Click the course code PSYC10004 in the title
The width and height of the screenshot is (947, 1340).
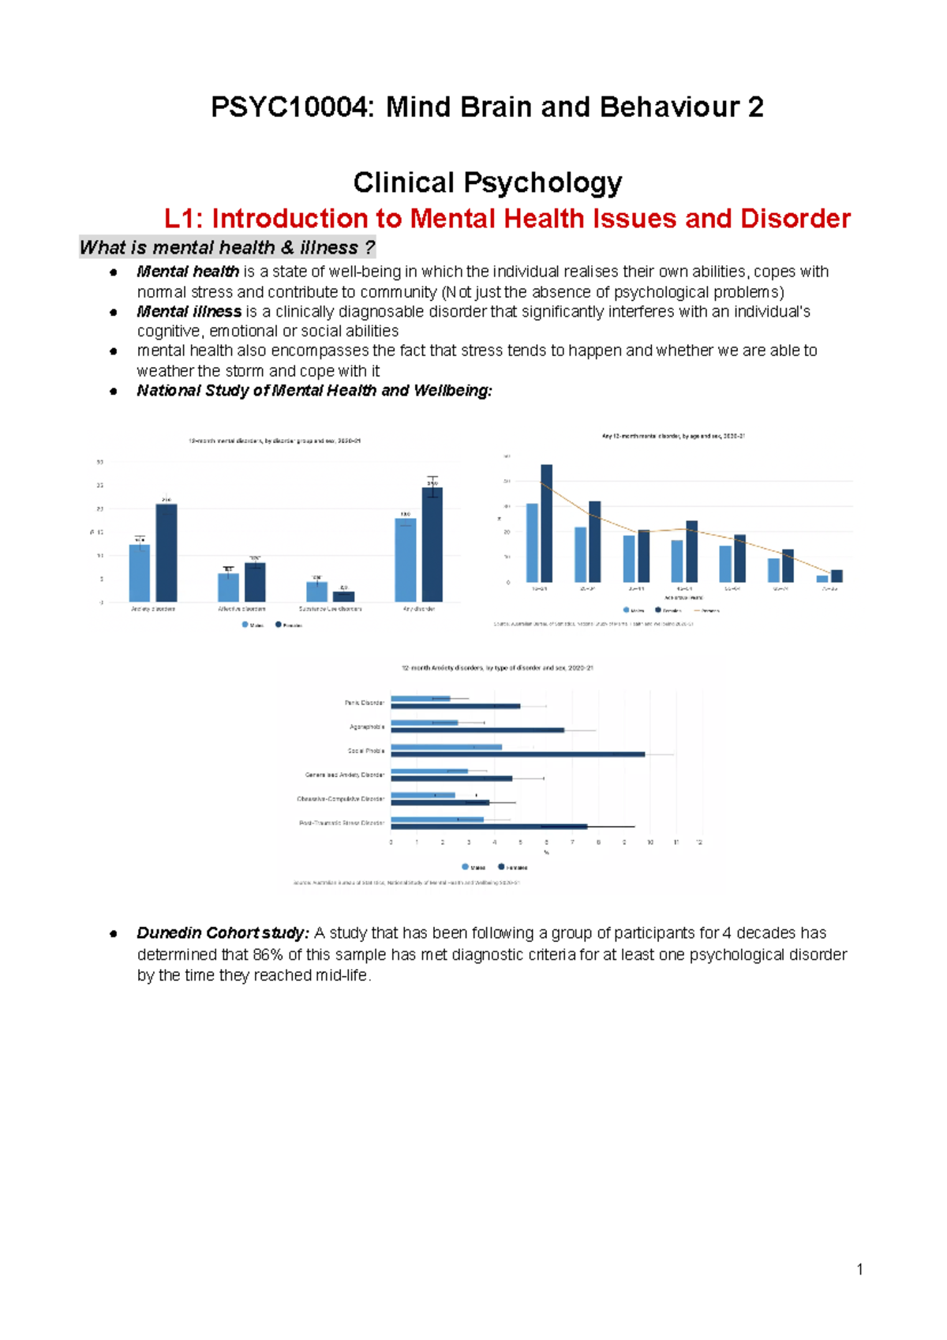click(x=289, y=107)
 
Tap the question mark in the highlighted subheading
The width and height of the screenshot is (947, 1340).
click(x=369, y=248)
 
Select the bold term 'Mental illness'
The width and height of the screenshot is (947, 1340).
click(x=189, y=312)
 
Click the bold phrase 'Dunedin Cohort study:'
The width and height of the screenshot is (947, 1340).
click(x=223, y=933)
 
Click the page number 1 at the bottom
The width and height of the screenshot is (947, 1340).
click(x=859, y=1270)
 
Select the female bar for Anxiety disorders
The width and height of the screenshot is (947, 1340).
click(x=167, y=553)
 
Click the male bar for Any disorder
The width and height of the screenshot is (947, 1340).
click(x=406, y=560)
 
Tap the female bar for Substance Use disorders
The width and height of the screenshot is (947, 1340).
click(x=344, y=597)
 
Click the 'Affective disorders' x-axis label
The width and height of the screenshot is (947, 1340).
click(x=241, y=610)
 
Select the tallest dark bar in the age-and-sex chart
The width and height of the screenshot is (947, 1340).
click(x=546, y=524)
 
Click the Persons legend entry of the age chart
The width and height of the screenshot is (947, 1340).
click(x=706, y=610)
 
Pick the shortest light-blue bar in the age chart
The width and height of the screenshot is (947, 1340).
click(x=822, y=579)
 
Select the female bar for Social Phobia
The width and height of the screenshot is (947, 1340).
click(x=518, y=755)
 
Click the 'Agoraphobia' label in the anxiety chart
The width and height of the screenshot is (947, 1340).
click(x=367, y=726)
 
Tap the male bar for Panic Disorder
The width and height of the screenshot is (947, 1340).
click(x=420, y=698)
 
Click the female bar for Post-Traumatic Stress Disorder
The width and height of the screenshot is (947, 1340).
click(x=489, y=827)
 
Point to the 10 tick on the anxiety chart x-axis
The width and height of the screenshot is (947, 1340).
click(x=650, y=843)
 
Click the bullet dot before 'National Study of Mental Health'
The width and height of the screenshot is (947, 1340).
click(x=114, y=391)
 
